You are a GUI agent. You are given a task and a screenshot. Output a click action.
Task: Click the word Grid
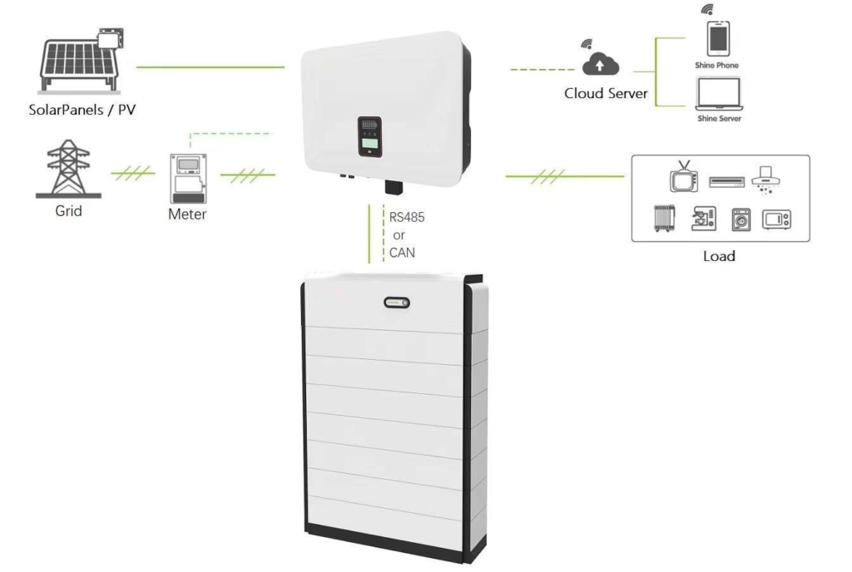tap(68, 211)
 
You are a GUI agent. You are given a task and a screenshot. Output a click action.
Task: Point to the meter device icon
tap(186, 178)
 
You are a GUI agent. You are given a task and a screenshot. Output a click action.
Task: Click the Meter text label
tap(186, 215)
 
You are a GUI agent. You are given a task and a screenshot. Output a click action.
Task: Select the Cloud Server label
tap(605, 94)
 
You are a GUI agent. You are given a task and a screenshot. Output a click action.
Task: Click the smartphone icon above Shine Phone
tap(716, 37)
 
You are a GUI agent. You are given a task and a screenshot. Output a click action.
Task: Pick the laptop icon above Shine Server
tap(716, 93)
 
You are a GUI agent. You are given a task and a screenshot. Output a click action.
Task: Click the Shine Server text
tap(716, 119)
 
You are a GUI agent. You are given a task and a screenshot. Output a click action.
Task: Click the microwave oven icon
tap(776, 219)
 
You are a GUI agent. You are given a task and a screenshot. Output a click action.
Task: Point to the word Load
tap(719, 256)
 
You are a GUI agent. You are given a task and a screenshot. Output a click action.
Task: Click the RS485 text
tap(405, 217)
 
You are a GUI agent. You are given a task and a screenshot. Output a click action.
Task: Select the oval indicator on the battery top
tap(397, 304)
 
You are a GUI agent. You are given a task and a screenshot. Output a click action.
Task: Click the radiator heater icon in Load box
tap(663, 219)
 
